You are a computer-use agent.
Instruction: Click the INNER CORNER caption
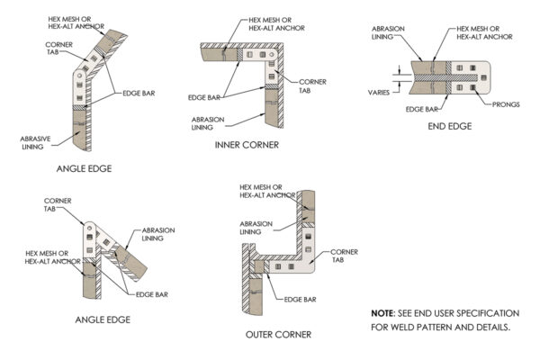(247, 145)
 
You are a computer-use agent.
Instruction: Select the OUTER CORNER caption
(280, 334)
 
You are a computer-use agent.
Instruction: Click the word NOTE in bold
(382, 312)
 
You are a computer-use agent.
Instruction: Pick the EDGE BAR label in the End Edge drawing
(418, 109)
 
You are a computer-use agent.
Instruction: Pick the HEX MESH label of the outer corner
(267, 191)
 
